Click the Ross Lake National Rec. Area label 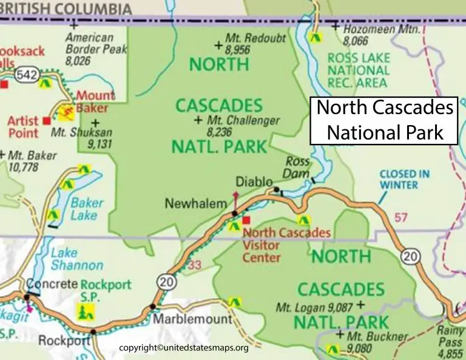(359, 70)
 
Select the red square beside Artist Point (47, 121)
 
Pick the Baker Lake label (87, 209)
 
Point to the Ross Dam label (297, 168)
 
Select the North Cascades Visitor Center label (285, 245)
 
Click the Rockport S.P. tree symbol (84, 311)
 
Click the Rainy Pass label (451, 337)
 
